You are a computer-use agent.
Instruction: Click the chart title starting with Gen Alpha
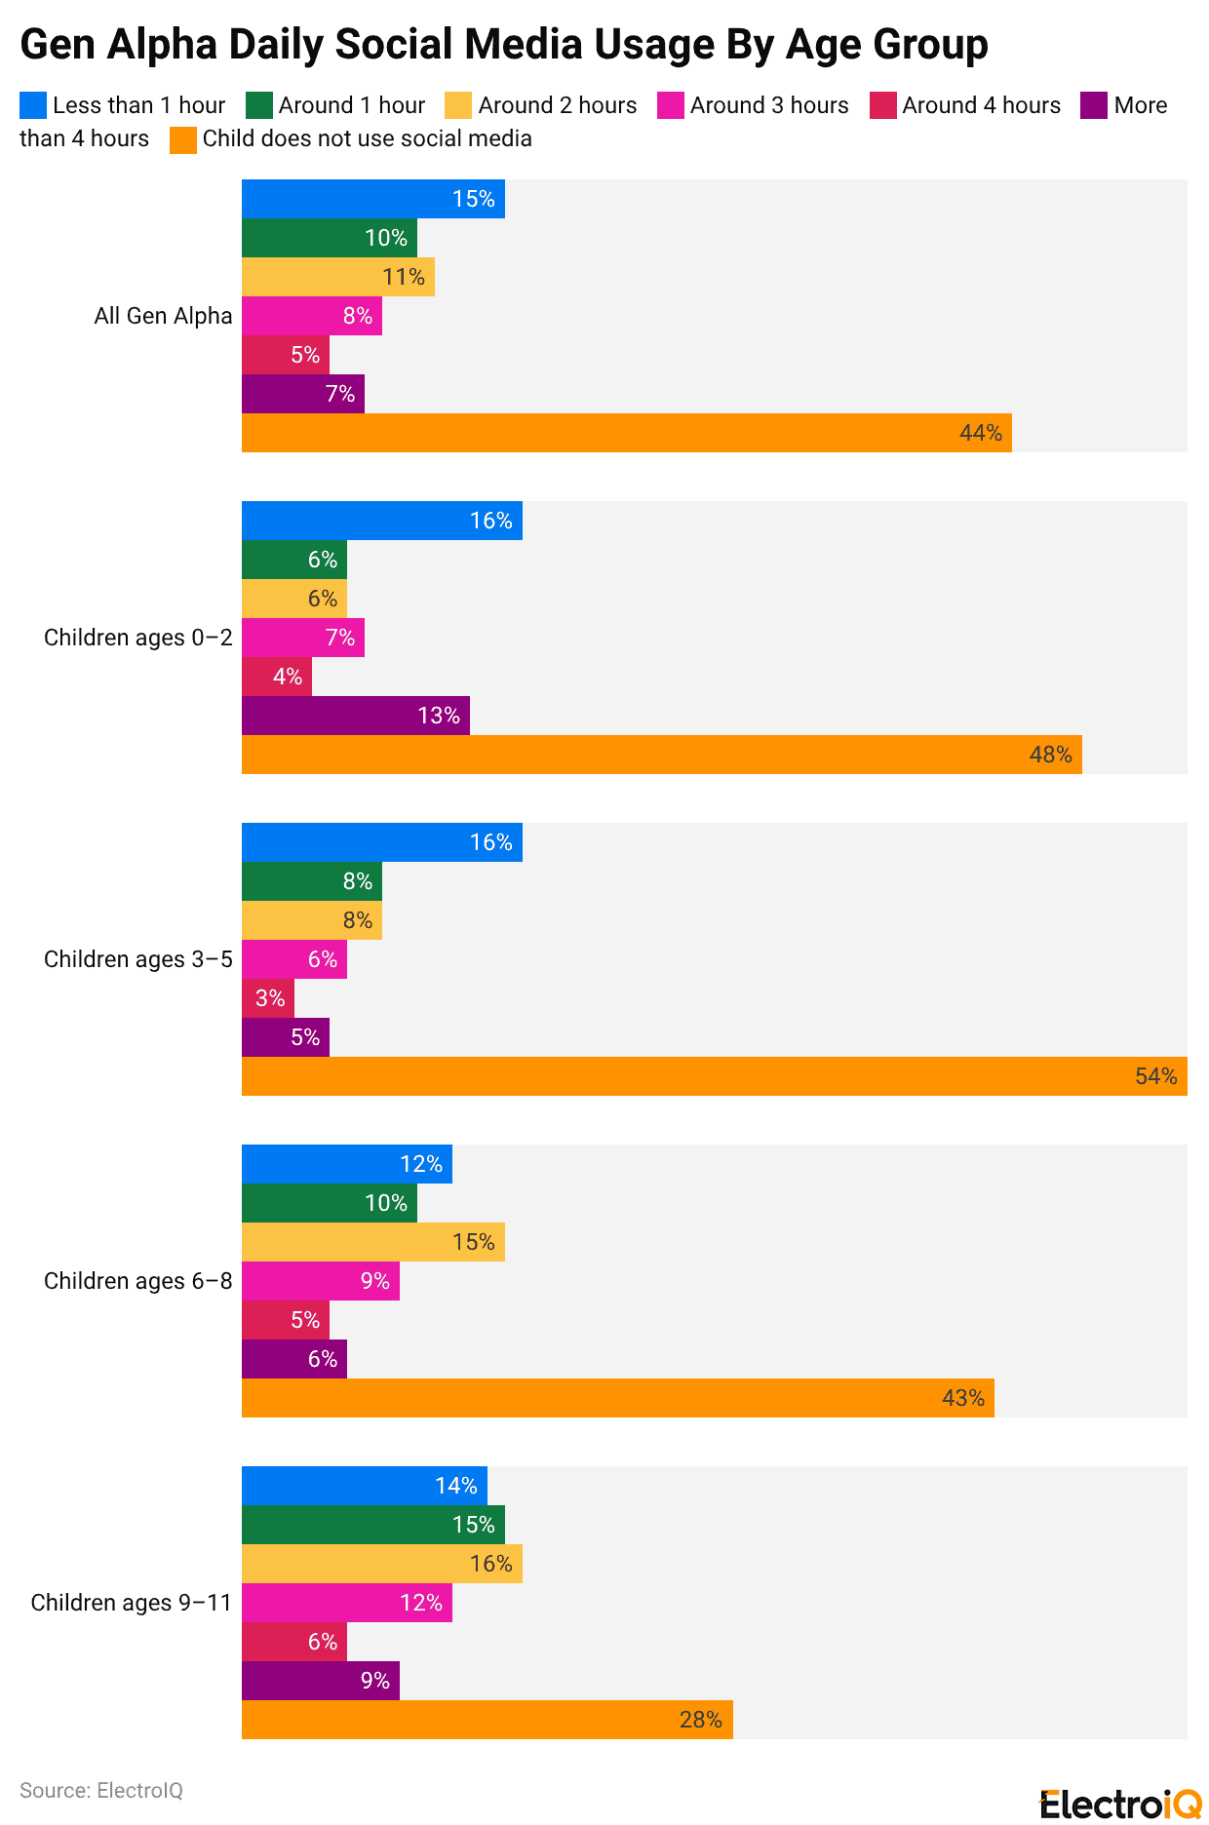[504, 45]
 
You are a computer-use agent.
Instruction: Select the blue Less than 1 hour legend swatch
[33, 105]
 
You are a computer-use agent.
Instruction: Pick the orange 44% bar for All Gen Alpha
[626, 433]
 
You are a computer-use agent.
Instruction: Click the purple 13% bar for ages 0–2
[355, 716]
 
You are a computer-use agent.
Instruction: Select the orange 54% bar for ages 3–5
[714, 1076]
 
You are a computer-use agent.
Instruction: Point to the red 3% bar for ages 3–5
[267, 998]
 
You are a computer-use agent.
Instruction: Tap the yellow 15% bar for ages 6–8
[372, 1242]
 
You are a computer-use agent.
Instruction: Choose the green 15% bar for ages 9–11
[372, 1525]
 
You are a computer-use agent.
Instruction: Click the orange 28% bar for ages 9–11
[487, 1720]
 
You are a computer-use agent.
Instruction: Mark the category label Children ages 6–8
[137, 1281]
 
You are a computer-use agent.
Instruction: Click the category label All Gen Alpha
[163, 316]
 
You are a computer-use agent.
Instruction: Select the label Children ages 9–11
[131, 1603]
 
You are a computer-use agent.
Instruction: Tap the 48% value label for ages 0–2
[1050, 755]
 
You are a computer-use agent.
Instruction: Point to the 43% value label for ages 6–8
[962, 1398]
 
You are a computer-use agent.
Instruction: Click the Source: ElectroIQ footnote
[101, 1790]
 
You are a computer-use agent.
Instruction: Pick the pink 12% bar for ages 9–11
[346, 1603]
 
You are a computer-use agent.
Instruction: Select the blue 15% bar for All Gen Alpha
[372, 199]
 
